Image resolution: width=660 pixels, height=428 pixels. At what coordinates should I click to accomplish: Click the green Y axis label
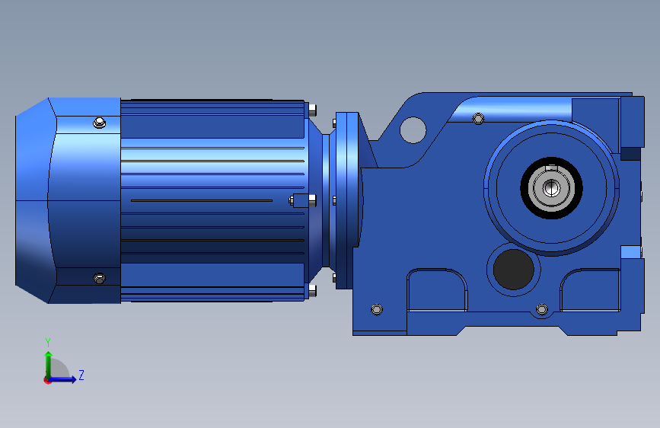pos(48,343)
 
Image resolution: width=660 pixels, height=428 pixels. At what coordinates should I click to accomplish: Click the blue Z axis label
pos(81,375)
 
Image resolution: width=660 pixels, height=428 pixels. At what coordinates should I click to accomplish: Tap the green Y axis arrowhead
pos(49,355)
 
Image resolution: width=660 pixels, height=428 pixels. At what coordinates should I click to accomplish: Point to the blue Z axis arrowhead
pos(73,379)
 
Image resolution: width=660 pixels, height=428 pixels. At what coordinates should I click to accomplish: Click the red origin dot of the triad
pos(47,380)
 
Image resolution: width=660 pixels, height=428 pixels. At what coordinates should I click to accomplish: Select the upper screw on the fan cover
pos(99,123)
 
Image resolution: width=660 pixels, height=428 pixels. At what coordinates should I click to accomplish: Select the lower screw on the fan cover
pos(99,279)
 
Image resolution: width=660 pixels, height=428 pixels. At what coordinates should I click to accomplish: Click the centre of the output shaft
pos(551,188)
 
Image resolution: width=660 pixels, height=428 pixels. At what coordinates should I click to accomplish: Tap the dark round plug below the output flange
pos(514,269)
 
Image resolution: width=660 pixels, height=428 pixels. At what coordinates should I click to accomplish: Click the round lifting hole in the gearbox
pos(413,130)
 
